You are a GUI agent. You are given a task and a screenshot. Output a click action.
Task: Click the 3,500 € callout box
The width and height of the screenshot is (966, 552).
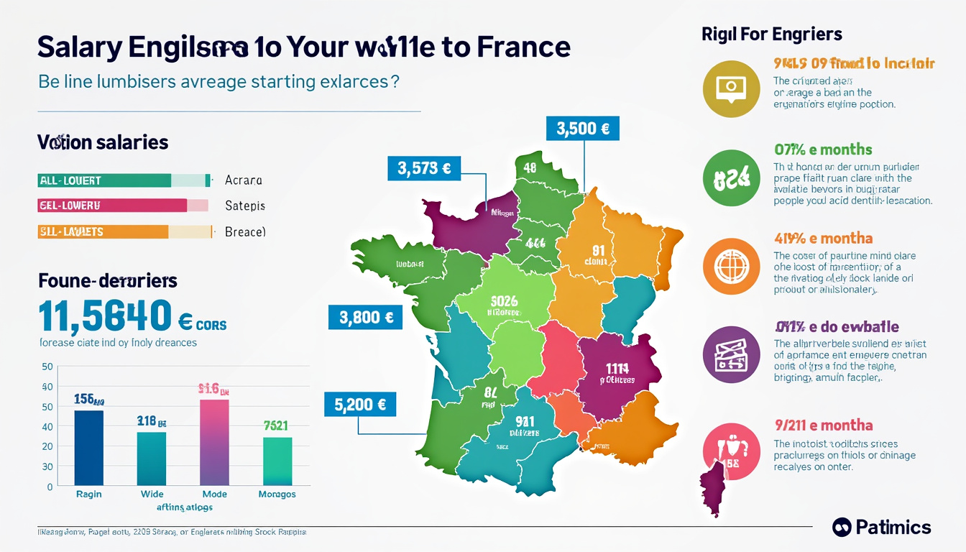(583, 129)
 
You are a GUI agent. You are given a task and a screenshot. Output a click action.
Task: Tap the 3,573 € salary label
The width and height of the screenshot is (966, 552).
(424, 169)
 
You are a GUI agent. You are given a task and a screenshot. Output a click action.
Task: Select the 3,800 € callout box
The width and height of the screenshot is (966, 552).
(364, 317)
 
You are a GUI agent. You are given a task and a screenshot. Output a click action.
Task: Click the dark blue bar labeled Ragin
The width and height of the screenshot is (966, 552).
(88, 447)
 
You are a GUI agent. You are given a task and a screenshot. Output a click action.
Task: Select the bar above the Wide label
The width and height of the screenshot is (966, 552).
(152, 459)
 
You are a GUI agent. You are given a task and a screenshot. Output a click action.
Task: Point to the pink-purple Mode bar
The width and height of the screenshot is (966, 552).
(214, 442)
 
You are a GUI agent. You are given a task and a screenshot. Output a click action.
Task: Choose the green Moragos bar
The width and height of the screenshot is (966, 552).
(277, 461)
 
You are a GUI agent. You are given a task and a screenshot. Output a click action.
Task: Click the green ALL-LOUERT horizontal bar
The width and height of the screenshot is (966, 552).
(104, 180)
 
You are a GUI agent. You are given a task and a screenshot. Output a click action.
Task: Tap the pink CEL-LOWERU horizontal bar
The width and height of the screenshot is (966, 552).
(111, 206)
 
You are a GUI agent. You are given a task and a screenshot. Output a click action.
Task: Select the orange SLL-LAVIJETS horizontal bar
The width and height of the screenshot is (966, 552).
(102, 231)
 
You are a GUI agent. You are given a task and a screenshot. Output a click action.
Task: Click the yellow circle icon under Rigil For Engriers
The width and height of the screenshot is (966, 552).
(731, 89)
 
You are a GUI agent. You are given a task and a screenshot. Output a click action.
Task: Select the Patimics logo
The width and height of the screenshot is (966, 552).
(881, 527)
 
